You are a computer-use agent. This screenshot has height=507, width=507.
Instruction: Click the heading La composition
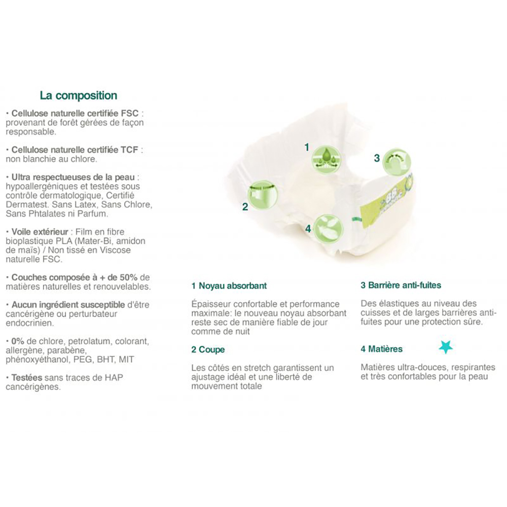[78, 95]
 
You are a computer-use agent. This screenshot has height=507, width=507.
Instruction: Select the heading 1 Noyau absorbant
[229, 286]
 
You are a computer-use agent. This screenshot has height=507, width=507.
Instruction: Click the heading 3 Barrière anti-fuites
[401, 285]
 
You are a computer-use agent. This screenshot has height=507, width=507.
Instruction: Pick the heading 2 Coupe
[208, 350]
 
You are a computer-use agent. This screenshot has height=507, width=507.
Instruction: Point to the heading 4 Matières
[382, 349]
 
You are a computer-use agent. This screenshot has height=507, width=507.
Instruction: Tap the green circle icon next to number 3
[396, 162]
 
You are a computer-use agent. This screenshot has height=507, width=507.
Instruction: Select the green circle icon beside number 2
[263, 194]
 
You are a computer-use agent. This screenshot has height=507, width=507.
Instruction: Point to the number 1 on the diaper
[307, 148]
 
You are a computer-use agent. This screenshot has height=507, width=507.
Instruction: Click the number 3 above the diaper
[377, 158]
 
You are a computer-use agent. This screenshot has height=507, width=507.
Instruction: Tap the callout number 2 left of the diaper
[245, 206]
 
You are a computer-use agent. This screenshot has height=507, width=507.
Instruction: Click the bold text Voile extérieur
[40, 232]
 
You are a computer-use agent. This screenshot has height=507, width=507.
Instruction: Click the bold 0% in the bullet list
[18, 341]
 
